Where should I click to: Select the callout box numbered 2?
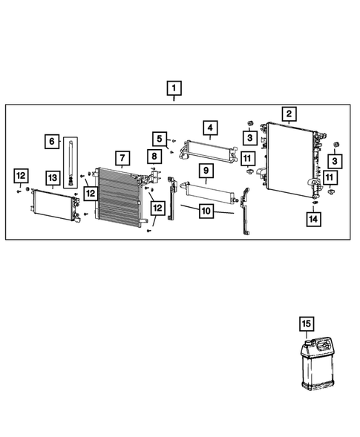(x=288, y=114)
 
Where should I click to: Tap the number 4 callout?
(x=211, y=128)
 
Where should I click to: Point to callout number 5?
(x=160, y=138)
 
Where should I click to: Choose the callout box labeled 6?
(x=51, y=140)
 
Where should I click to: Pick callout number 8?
(x=153, y=157)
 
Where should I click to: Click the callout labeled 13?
(x=52, y=178)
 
